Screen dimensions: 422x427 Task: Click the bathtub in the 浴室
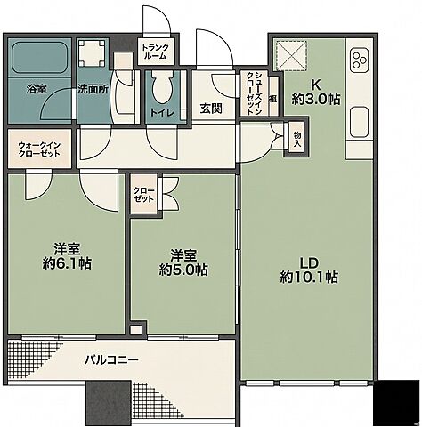pos(39,58)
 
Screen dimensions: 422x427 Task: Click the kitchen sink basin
pos(359,123)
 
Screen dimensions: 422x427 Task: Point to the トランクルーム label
pos(155,52)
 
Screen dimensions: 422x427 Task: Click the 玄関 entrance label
pos(211,109)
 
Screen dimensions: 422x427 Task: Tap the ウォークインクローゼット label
pos(39,149)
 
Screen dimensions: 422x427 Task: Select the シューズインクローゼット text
pos(255,93)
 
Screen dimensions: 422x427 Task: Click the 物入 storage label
pos(297,140)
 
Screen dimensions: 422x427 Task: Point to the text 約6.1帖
pos(67,263)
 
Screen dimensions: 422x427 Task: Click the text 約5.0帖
pos(183,270)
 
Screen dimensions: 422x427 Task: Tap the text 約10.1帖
pos(309,278)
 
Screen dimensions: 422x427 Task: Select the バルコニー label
pos(111,360)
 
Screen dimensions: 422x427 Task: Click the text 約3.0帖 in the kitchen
pos(316,99)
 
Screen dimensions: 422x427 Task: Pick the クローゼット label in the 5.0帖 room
pos(143,195)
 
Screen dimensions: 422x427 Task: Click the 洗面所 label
pos(93,89)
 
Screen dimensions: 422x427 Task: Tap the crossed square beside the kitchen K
pos(291,55)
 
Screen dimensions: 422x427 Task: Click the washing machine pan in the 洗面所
pos(92,54)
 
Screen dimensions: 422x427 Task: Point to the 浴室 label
pos(37,89)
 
